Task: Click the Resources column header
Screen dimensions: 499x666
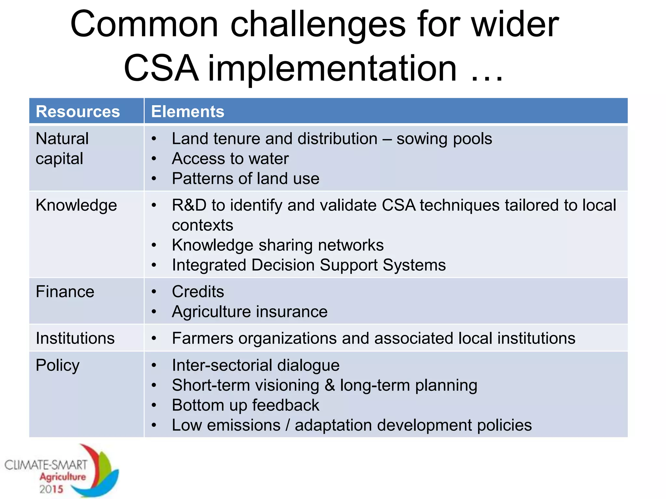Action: [x=78, y=111]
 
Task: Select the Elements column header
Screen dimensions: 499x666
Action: [x=188, y=111]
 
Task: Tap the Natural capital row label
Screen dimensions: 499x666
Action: [x=62, y=148]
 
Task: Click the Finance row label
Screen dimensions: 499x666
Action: [x=65, y=291]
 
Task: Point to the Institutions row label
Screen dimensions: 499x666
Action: [x=75, y=338]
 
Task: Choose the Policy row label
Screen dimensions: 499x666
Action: [x=58, y=365]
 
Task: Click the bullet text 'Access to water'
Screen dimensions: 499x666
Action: [x=230, y=159]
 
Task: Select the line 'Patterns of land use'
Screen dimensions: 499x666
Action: [x=246, y=178]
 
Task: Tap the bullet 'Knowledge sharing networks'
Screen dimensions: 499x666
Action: [x=278, y=245]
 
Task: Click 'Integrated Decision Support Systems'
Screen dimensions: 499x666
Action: [x=309, y=265]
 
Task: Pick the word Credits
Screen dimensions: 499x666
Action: [x=198, y=291]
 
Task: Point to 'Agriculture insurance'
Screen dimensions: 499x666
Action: [x=249, y=312]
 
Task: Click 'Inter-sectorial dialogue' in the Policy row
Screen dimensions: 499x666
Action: [x=256, y=365]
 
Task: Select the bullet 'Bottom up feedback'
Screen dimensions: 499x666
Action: [x=246, y=405]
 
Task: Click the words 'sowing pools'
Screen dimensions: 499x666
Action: [x=444, y=139]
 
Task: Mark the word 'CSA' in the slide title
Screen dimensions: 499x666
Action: [x=161, y=69]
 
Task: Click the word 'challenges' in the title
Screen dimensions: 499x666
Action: [x=318, y=25]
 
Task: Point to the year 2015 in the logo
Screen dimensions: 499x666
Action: [x=51, y=489]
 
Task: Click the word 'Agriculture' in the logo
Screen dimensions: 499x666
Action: [x=63, y=477]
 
